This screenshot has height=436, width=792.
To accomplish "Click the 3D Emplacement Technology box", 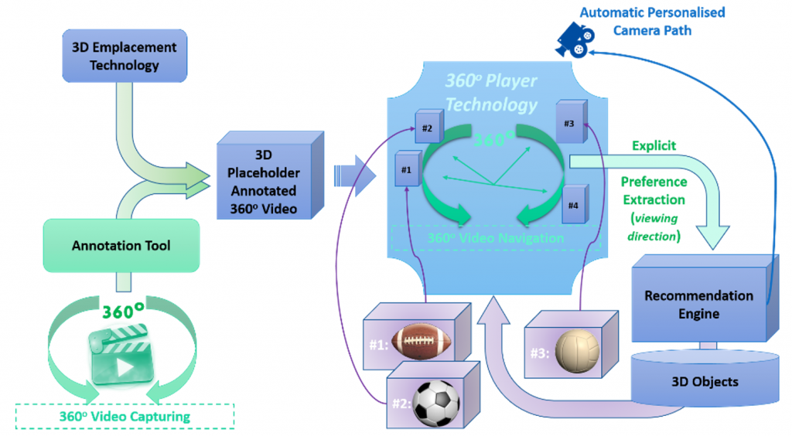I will (124, 56).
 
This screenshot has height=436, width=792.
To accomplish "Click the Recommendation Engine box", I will (698, 304).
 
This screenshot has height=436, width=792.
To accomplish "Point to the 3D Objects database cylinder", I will (702, 381).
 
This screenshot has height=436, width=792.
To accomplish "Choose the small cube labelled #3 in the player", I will (568, 124).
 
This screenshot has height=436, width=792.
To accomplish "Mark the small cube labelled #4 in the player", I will (573, 205).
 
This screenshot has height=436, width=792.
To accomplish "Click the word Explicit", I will (654, 145).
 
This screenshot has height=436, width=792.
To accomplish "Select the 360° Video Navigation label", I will (495, 237).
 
